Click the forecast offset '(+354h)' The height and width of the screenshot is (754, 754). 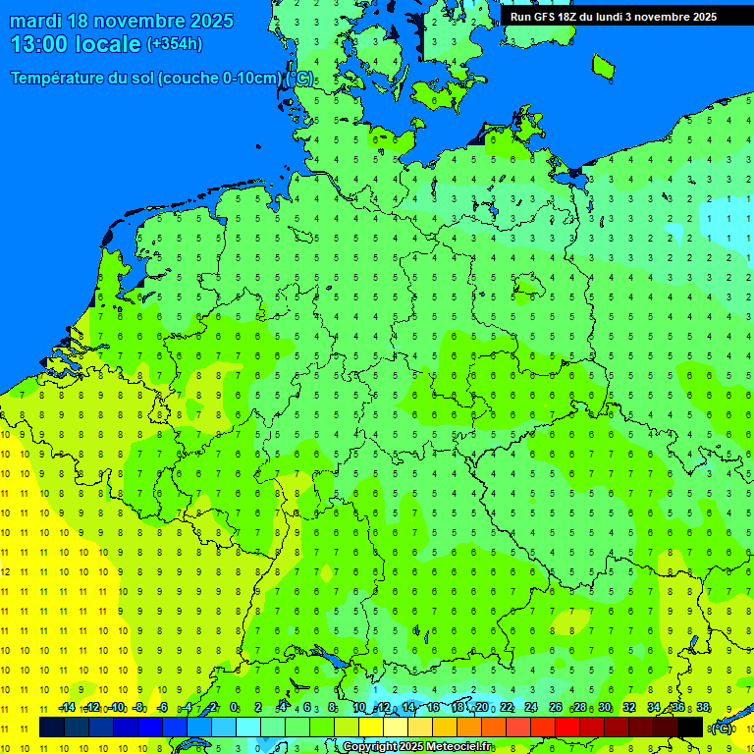[175, 44]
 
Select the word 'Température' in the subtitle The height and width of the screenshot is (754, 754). [57, 78]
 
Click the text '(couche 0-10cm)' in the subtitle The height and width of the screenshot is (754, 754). [220, 78]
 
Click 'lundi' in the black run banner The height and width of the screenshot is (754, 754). [606, 17]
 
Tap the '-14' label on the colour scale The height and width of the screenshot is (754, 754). [67, 708]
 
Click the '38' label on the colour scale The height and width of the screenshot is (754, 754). [703, 708]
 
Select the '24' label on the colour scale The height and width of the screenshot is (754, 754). [530, 708]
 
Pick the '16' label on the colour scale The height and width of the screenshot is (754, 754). [433, 708]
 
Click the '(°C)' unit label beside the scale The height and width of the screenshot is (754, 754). [722, 727]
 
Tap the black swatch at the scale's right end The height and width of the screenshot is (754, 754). [690, 727]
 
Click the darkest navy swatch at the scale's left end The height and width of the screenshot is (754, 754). [52, 727]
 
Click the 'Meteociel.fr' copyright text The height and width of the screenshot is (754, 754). [459, 747]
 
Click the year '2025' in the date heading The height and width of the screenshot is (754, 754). [211, 21]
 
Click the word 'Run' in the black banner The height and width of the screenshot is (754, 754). [520, 17]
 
